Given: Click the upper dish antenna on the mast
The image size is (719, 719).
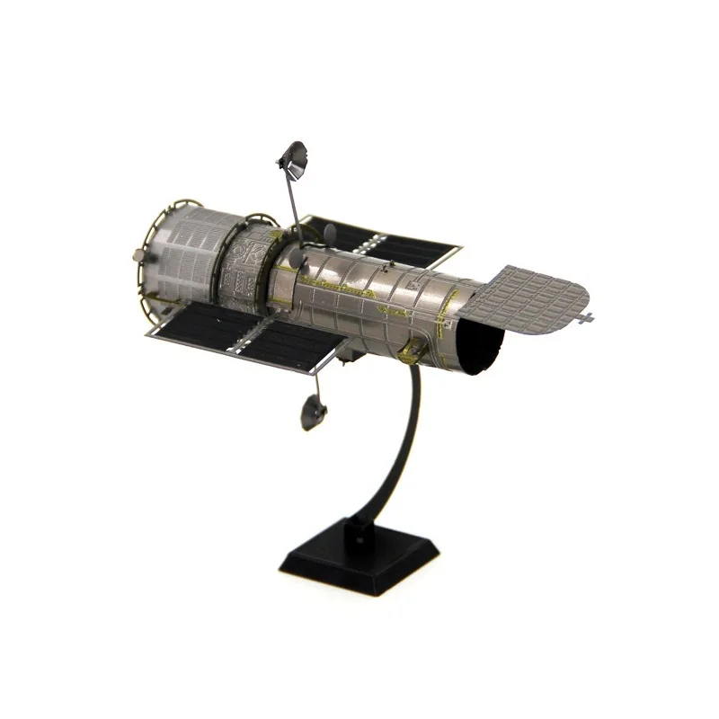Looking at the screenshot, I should (293, 160).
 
